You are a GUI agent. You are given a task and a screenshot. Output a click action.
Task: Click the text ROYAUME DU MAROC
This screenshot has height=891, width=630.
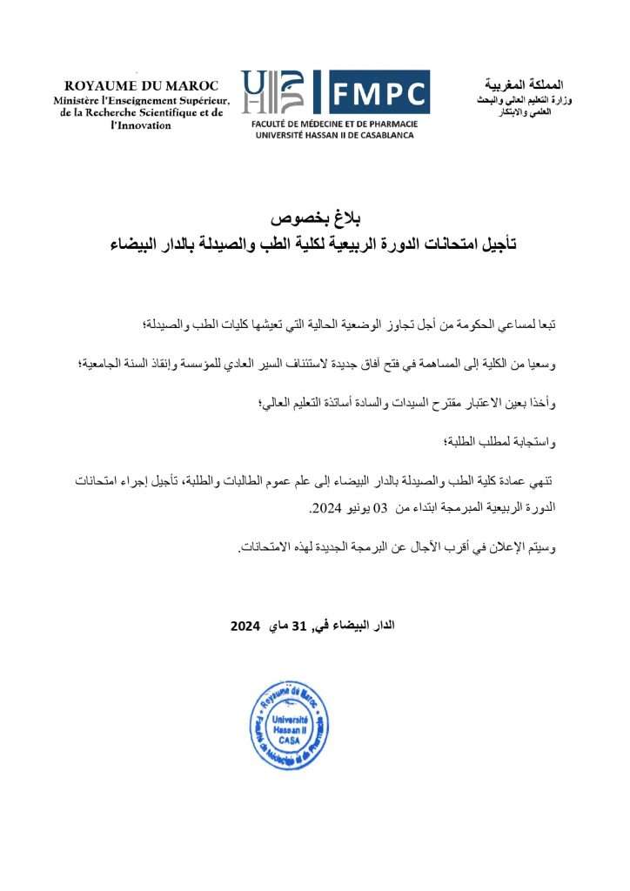(x=142, y=85)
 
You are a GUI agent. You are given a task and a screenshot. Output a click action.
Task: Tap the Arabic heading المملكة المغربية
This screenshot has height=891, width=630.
(x=520, y=85)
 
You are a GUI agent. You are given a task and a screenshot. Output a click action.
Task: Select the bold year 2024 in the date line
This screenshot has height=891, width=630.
(x=247, y=626)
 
